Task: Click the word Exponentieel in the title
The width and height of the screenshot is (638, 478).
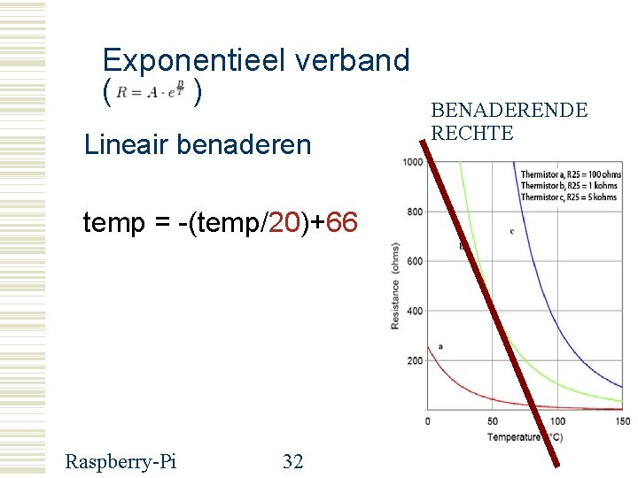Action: pos(191,60)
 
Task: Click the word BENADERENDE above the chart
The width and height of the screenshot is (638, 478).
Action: pos(509,111)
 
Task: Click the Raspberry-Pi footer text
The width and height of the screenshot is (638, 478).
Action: pos(121,460)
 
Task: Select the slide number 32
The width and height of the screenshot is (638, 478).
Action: pos(292,460)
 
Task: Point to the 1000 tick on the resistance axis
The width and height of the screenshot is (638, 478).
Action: pos(412,162)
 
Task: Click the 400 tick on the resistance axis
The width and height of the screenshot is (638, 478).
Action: pos(414,311)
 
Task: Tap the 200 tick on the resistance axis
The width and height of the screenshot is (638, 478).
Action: pos(414,361)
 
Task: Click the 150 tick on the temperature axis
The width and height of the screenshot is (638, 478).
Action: pos(622,421)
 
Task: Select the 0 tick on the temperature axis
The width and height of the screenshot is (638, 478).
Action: pos(428,421)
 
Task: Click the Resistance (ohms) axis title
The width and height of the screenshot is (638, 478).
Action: pos(395,286)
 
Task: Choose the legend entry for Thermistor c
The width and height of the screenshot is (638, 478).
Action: pos(568,197)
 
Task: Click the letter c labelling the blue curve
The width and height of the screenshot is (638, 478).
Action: pos(512,231)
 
